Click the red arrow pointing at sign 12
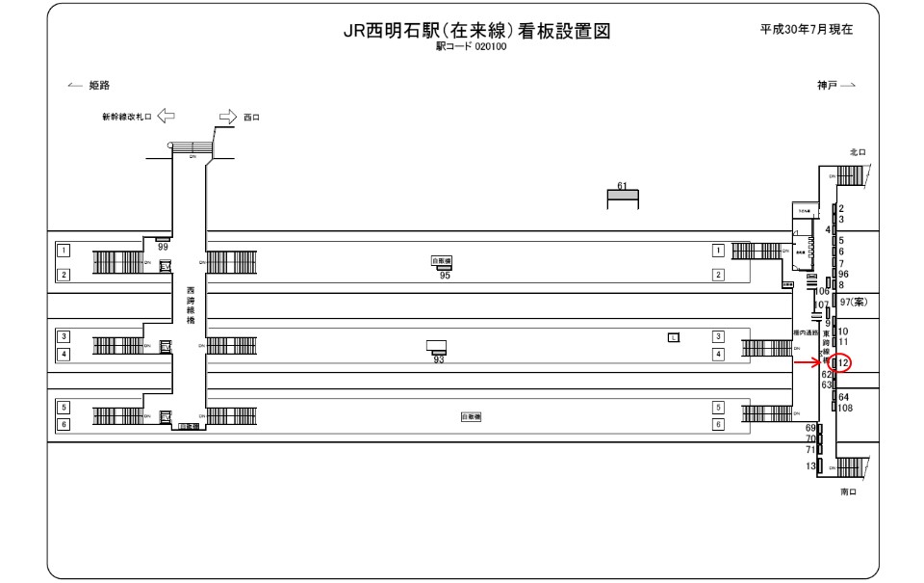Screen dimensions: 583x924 click(806, 362)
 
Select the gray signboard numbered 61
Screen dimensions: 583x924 click(622, 197)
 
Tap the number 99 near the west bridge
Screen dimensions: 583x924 click(163, 248)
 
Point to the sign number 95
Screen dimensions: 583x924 click(444, 276)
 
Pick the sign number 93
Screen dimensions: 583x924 click(438, 359)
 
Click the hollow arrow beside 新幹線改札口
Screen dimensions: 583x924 click(166, 117)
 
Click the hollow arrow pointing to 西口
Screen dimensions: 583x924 click(227, 117)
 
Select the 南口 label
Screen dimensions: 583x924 click(848, 491)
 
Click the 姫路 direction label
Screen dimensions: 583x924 click(99, 85)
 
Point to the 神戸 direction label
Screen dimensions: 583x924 click(827, 85)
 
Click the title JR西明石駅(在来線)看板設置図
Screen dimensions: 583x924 click(477, 31)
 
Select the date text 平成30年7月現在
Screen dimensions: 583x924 click(806, 29)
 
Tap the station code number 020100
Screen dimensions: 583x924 click(491, 46)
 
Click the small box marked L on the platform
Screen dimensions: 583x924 click(674, 336)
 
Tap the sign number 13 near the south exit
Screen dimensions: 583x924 click(811, 466)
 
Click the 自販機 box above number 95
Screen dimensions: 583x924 click(442, 260)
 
